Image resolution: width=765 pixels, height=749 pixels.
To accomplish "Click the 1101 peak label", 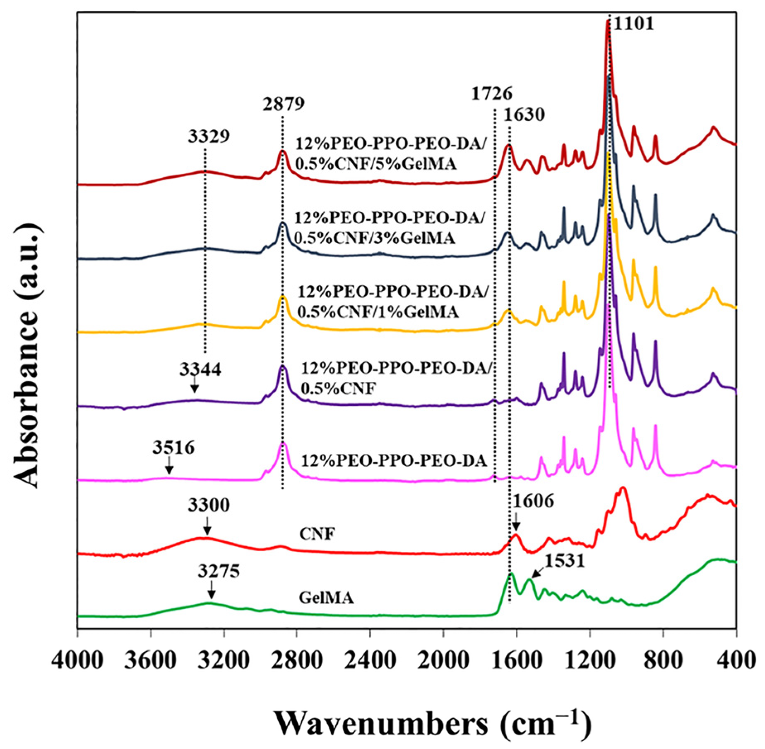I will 633,24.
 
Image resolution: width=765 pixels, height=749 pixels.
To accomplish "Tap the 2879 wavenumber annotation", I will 284,103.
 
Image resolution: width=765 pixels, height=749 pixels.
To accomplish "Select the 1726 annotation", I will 492,93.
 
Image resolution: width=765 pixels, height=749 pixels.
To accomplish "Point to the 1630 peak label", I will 524,114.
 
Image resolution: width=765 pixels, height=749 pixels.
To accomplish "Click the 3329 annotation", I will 209,136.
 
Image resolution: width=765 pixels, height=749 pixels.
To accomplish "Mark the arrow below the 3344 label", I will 194,386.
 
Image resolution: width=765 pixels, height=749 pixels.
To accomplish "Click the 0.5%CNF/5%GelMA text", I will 376,164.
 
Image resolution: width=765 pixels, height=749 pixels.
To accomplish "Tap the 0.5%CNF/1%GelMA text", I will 378,311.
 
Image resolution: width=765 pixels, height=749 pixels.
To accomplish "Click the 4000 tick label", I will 77,661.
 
